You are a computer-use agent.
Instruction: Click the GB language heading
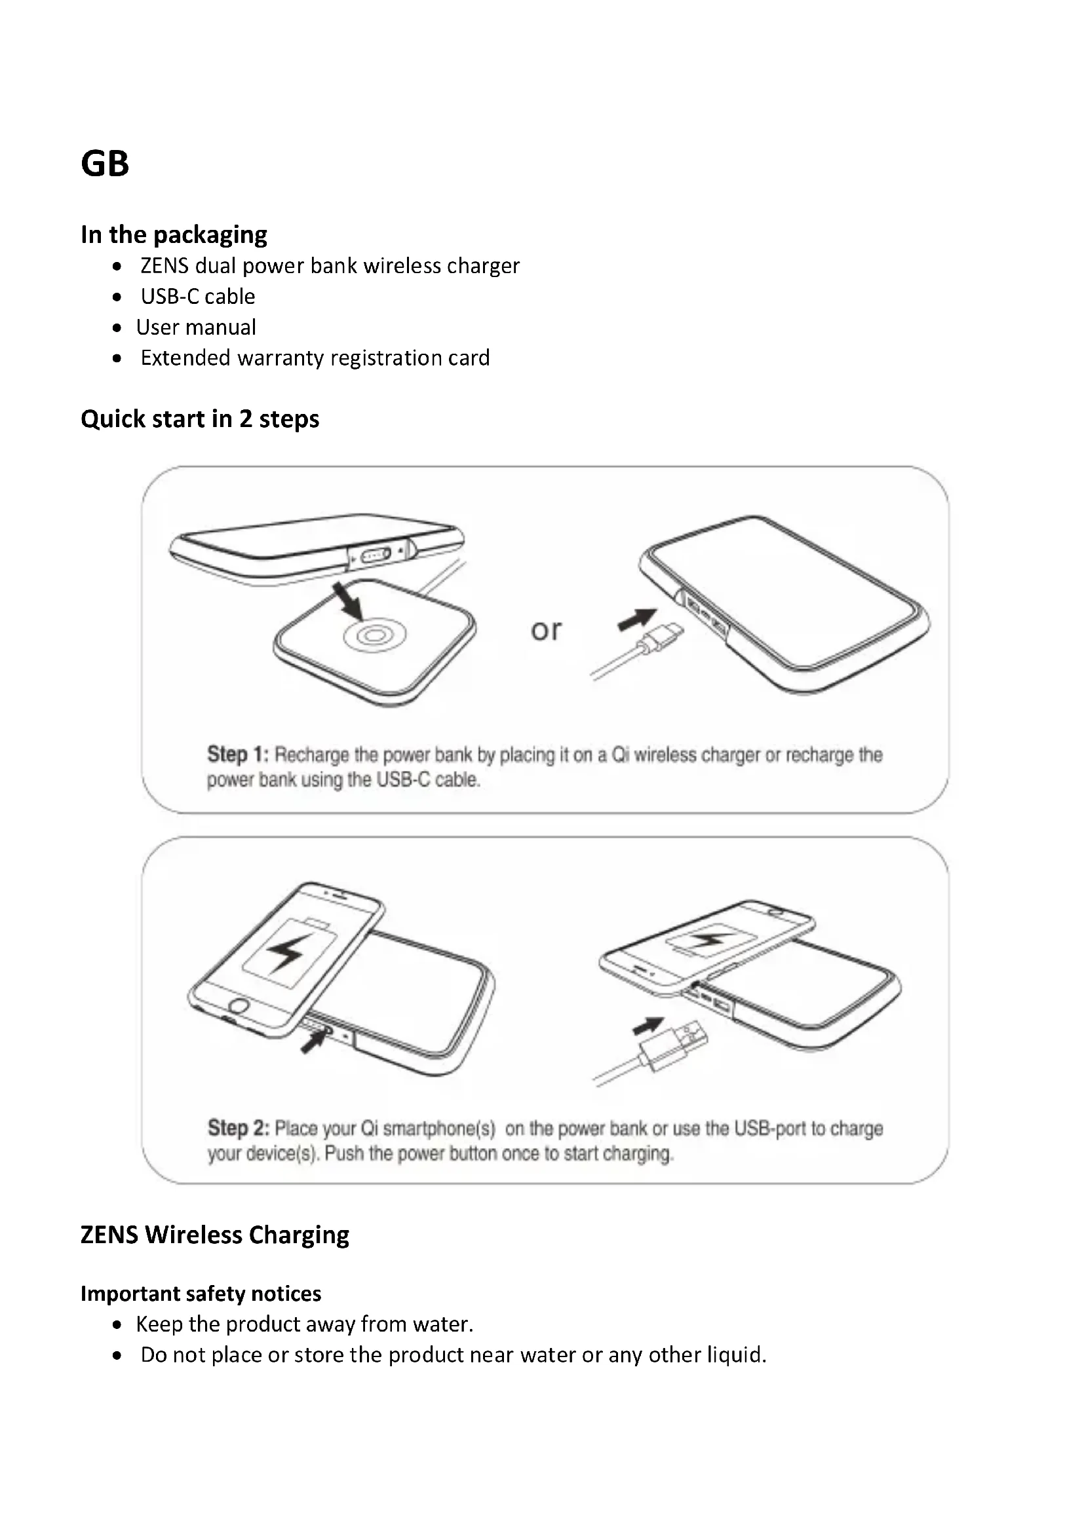[105, 164]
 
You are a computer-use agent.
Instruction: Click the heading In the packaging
[174, 235]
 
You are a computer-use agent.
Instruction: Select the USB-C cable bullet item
[197, 296]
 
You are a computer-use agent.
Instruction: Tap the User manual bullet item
[195, 327]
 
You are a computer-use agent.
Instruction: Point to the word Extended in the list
[185, 358]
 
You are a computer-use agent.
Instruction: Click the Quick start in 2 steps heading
[200, 419]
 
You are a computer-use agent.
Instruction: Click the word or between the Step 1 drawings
[546, 630]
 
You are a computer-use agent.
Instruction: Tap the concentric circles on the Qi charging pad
[374, 636]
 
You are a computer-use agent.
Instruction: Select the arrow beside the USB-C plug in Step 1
[637, 619]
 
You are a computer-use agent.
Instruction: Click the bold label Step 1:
[238, 755]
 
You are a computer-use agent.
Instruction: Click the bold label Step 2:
[239, 1129]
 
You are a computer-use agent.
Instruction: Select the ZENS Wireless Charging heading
[214, 1235]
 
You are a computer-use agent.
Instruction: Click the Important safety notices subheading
[201, 1294]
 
